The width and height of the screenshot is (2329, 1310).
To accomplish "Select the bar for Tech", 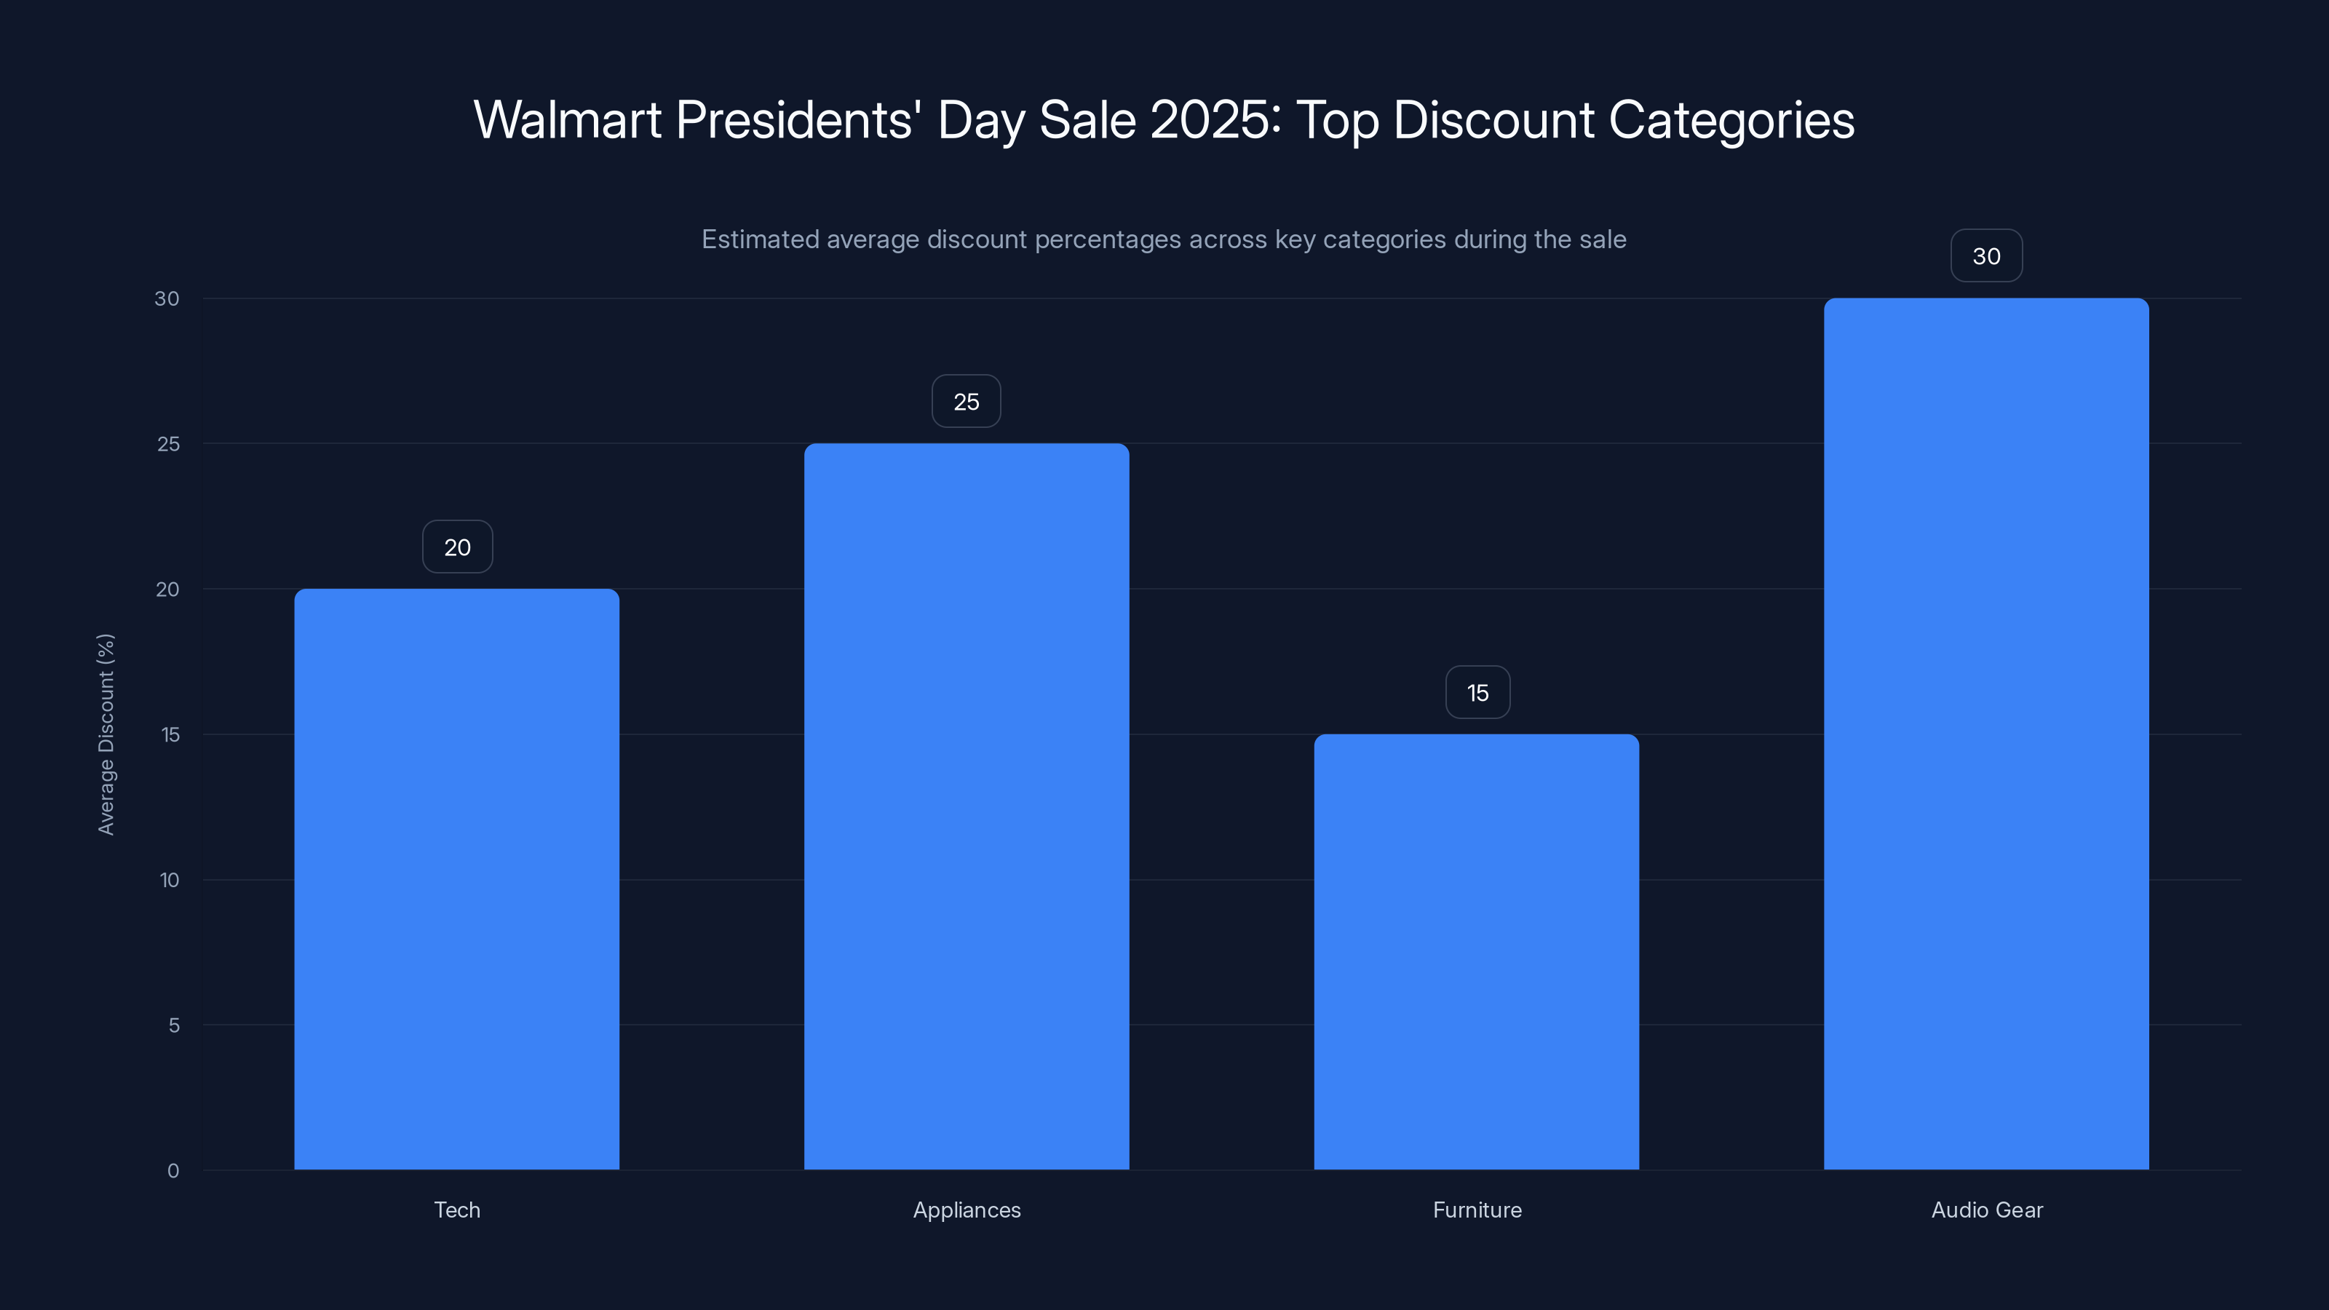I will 456,878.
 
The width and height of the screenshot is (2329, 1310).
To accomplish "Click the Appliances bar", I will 967,806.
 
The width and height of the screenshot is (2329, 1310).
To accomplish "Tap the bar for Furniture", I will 1477,951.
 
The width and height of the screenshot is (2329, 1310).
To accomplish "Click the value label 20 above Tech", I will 458,547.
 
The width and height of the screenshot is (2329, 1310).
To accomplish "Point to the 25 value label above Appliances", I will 967,402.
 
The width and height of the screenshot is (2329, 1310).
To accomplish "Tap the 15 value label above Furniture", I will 1477,693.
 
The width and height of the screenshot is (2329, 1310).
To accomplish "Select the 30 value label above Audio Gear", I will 1986,256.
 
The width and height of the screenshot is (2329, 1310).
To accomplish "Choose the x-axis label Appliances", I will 967,1210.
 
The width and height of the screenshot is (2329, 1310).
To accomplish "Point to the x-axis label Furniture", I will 1477,1210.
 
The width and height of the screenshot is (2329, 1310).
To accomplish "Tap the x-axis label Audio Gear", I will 1986,1210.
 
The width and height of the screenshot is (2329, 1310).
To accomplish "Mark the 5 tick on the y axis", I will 174,1025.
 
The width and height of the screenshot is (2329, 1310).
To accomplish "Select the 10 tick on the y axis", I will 169,880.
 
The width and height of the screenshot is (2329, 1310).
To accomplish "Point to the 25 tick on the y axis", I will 168,444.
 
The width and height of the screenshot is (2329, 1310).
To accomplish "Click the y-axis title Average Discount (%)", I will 106,734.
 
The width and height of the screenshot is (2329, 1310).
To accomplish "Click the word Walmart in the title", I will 567,120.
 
